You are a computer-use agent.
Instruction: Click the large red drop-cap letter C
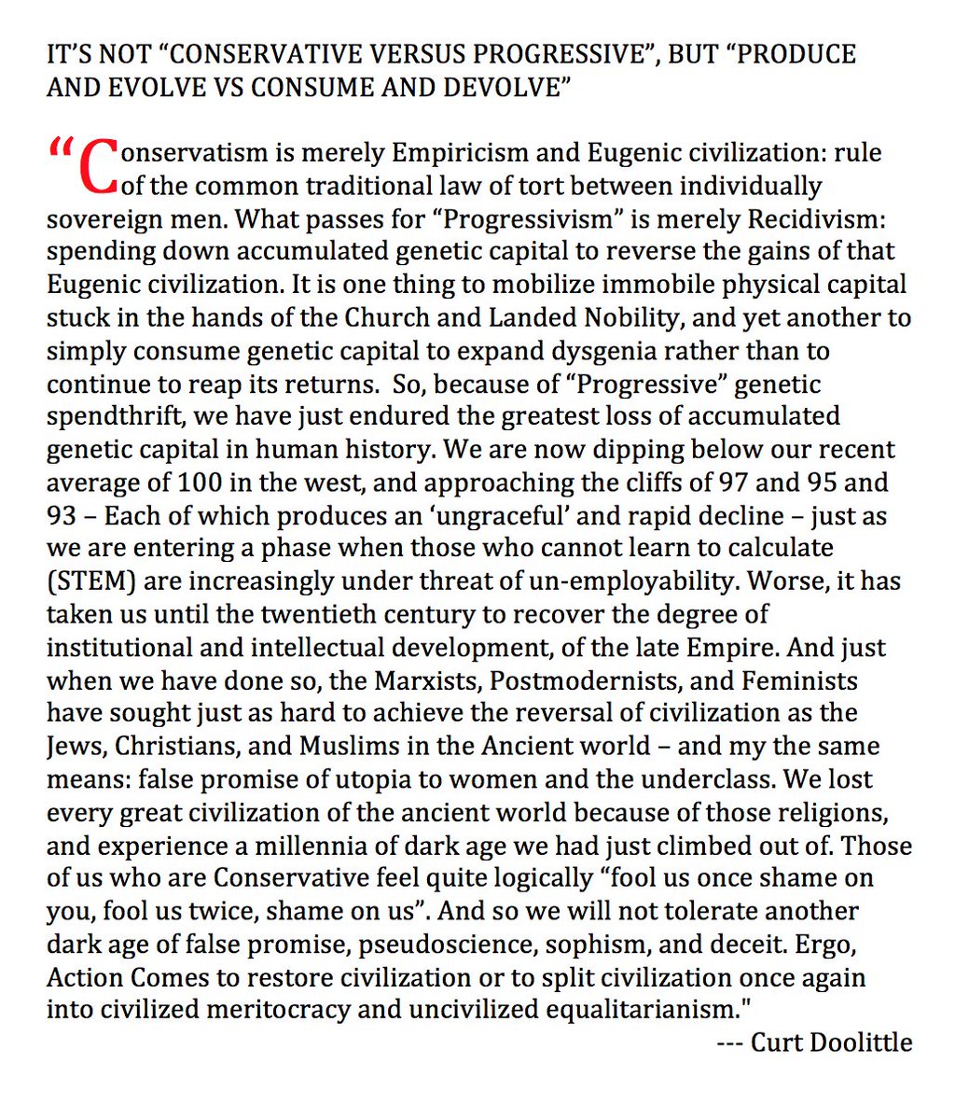click(x=101, y=168)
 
